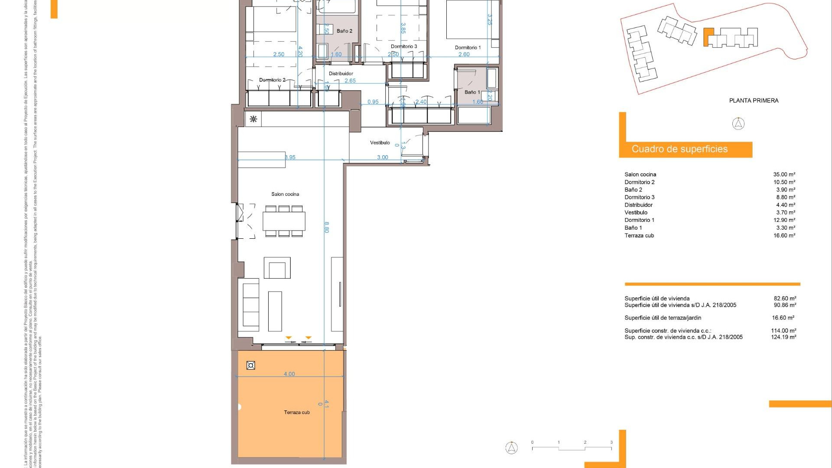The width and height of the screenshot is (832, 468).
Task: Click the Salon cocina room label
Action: pos(285,194)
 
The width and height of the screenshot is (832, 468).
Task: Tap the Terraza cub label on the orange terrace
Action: pos(297,412)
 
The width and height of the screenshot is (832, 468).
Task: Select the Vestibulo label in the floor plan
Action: pos(380,143)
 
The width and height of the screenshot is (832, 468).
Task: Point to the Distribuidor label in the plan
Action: pos(341,74)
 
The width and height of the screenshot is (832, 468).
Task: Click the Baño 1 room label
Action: pos(472,92)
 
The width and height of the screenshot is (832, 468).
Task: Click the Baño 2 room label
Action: pos(344,31)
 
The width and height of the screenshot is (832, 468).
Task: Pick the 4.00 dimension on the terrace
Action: pos(289,374)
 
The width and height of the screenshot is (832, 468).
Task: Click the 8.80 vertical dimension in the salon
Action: pos(327,227)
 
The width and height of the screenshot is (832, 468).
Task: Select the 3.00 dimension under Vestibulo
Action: pos(382,157)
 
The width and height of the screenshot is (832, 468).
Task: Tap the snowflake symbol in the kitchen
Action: pos(253,119)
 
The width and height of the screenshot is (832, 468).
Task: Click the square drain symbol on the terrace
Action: pos(250,365)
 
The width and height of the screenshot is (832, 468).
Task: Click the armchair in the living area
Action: pos(277,268)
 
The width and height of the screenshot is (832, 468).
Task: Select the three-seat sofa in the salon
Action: pos(250,305)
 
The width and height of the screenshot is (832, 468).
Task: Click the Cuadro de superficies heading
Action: pos(679,149)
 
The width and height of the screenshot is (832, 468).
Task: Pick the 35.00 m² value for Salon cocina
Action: pos(784,175)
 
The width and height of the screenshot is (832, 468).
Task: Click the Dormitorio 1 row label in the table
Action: pos(639,220)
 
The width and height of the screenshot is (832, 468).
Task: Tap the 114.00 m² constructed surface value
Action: pos(783,331)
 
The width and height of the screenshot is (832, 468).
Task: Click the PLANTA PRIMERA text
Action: pos(754,101)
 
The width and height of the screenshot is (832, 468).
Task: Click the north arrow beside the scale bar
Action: pos(511,448)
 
